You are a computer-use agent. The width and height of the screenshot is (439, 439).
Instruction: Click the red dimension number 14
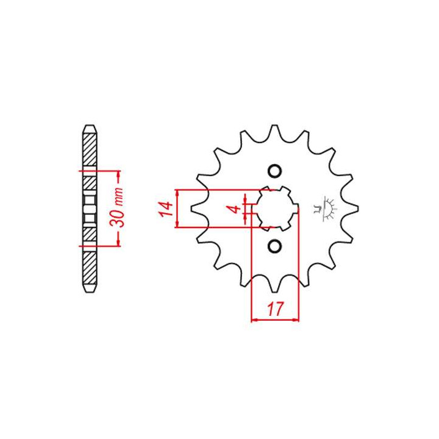[165, 209]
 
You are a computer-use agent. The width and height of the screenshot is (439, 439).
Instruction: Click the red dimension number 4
[235, 209]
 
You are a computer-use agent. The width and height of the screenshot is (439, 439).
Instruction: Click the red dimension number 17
[275, 309]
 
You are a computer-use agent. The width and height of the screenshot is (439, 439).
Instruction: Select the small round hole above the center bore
[274, 171]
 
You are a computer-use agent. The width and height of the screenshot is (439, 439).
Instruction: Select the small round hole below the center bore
[274, 246]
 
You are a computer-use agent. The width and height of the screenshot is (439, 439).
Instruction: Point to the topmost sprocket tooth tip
[274, 126]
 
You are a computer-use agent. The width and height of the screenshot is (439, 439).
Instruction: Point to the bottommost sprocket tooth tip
[274, 292]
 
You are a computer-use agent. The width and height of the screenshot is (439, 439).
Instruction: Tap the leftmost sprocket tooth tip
[191, 209]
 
